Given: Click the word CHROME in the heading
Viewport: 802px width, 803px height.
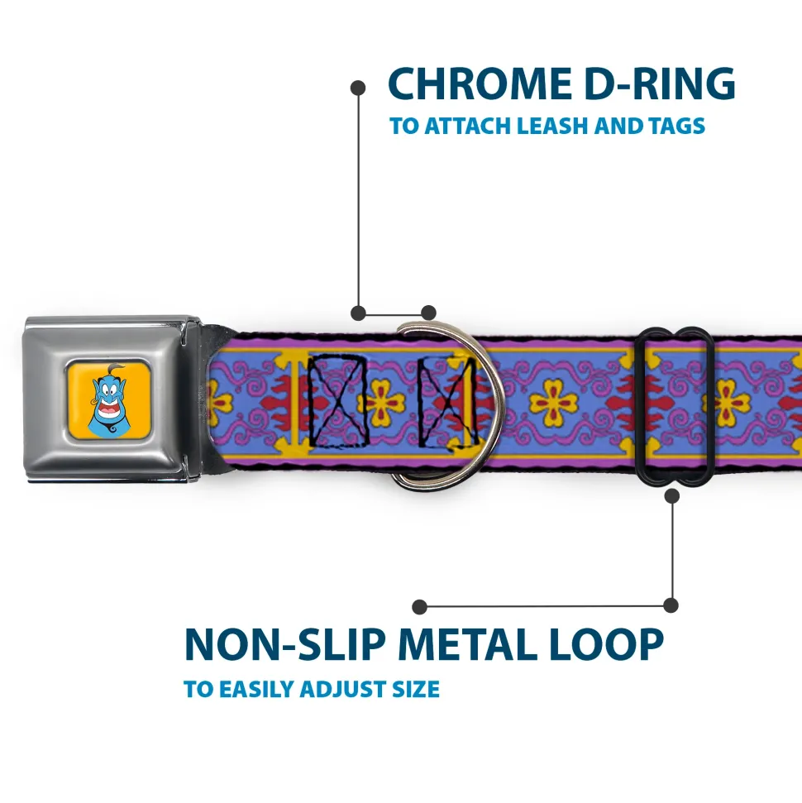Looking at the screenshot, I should (472, 84).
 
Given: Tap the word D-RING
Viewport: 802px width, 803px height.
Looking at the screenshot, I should (652, 84).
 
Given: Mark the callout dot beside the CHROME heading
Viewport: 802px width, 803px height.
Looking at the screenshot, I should (358, 85).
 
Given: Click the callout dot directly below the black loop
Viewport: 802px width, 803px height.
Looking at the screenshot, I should (671, 496).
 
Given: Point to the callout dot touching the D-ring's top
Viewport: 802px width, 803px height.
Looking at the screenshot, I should (427, 313).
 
